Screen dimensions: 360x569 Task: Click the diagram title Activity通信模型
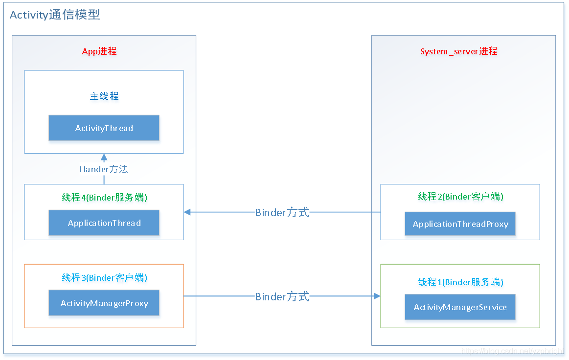pos(55,15)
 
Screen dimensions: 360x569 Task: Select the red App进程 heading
pos(99,51)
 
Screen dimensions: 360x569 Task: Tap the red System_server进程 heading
pos(458,51)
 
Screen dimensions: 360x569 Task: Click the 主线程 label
pos(104,96)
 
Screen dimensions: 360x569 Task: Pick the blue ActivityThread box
pos(104,128)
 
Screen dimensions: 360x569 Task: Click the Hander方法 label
pos(104,169)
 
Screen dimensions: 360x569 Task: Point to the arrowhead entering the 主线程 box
pos(104,157)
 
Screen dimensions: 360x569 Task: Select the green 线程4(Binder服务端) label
pos(104,198)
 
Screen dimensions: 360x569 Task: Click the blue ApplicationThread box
pos(104,223)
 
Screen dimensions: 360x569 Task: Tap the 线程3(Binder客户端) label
pos(104,278)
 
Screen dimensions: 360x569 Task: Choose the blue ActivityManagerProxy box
pos(104,303)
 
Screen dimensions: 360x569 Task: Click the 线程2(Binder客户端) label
pos(460,197)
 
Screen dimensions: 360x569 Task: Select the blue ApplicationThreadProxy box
pos(460,224)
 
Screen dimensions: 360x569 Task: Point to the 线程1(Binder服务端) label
pos(460,282)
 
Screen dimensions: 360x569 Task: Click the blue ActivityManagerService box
pos(460,307)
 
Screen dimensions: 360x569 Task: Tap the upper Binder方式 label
pos(282,213)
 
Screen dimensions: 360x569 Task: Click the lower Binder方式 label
pos(282,296)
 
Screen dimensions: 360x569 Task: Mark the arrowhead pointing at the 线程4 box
pos(187,212)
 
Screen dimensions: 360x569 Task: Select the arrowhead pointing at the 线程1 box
pos(377,296)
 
